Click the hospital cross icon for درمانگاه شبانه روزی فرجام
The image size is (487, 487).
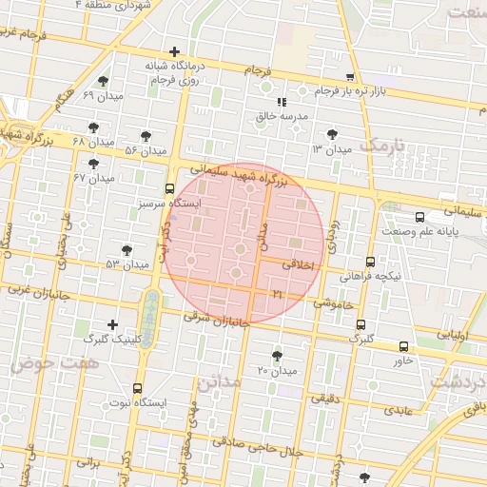pos(174,52)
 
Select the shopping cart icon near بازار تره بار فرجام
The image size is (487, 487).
pos(351,77)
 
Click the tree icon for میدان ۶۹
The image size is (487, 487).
pos(103,82)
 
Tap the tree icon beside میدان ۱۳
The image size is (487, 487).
pos(331,134)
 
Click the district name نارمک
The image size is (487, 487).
pos(383,146)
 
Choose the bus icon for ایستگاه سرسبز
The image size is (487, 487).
pos(169,188)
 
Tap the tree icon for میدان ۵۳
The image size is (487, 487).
pos(127,249)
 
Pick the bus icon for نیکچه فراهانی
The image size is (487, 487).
pos(370,262)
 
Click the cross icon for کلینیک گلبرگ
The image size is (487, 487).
pos(113,324)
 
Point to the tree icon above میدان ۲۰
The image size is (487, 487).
pos(277,356)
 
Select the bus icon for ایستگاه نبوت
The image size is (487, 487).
pos(138,388)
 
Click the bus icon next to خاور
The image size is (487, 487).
pos(404,346)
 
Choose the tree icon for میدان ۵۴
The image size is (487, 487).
pos(146,136)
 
